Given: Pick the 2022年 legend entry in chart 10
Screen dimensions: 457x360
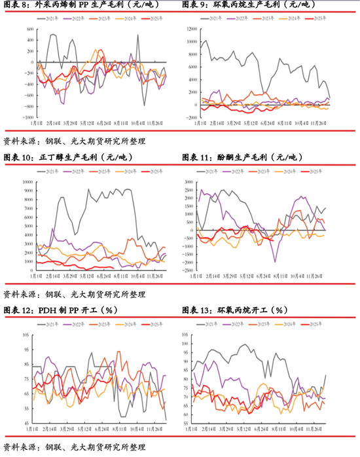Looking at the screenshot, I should tap(82, 172).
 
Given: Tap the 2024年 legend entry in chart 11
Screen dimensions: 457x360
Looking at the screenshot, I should tap(288, 172).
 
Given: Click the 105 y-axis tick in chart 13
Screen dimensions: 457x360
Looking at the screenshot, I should tap(191, 334).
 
